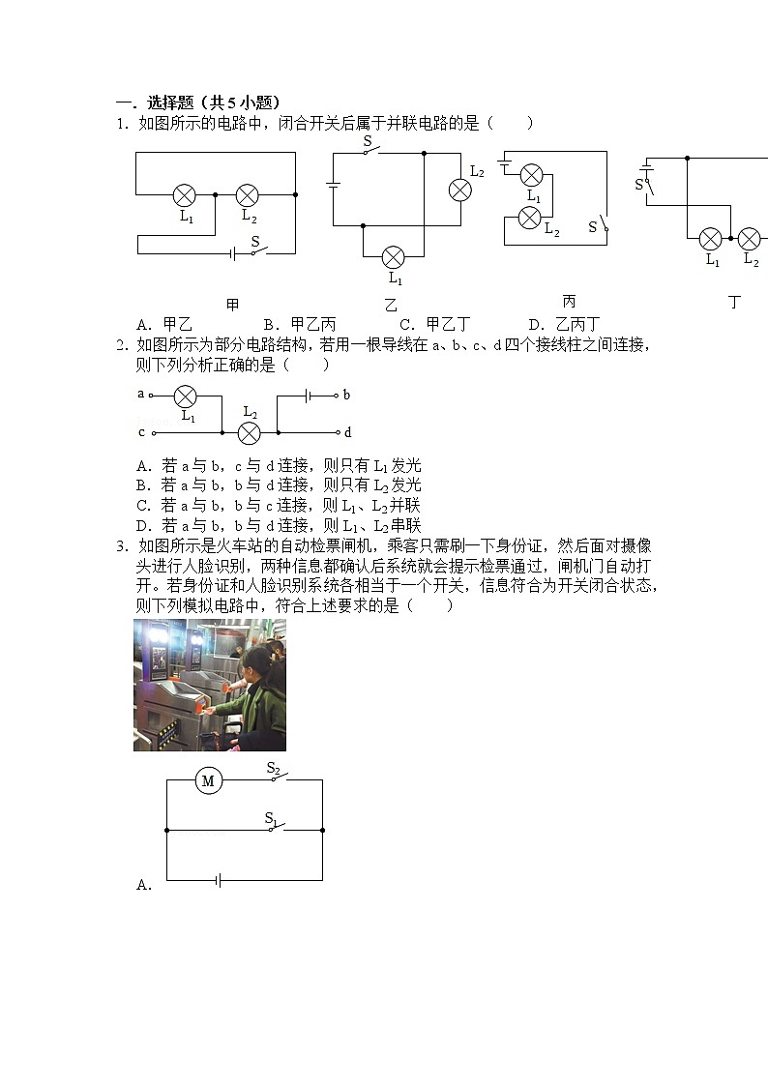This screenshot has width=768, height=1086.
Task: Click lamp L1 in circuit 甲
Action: [x=185, y=195]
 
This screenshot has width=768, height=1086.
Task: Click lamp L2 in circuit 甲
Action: [x=248, y=195]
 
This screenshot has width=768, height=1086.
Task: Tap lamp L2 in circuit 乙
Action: [x=460, y=191]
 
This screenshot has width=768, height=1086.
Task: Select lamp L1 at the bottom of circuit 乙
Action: [x=393, y=257]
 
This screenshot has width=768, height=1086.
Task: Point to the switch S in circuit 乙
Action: [x=371, y=152]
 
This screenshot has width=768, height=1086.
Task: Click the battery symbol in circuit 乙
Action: [x=333, y=186]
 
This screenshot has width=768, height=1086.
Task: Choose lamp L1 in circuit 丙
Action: [x=531, y=175]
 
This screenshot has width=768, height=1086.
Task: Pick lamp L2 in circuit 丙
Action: [x=529, y=218]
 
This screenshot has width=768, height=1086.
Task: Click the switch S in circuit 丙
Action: [x=604, y=225]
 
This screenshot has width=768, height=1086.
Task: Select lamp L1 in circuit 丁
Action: [x=711, y=238]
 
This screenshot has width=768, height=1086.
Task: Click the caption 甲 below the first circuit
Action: [x=232, y=305]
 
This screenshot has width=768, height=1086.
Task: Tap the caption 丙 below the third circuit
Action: [x=569, y=302]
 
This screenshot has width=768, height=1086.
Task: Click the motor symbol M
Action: [x=208, y=779]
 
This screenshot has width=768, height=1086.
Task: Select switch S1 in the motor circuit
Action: [x=277, y=826]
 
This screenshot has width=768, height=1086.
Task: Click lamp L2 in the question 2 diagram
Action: [x=250, y=432]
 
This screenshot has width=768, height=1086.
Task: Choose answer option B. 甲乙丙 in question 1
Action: [x=300, y=324]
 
